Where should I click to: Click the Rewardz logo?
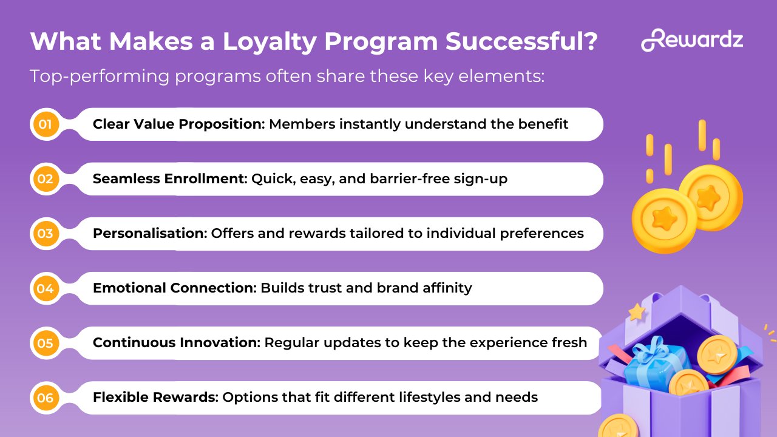tap(691, 40)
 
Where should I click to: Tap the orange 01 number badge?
tap(46, 124)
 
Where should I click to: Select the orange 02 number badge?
tap(46, 179)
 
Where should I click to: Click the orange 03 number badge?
tap(46, 234)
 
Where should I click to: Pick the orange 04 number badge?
tap(46, 288)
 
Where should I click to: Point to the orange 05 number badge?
tap(46, 343)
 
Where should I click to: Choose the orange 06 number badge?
tap(46, 398)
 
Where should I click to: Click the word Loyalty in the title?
tap(269, 42)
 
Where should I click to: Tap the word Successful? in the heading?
tap(521, 42)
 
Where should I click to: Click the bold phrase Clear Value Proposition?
tap(178, 124)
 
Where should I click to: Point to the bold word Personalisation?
tap(150, 234)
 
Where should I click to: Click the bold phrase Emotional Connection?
tap(174, 288)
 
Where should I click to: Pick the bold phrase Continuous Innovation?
tap(177, 343)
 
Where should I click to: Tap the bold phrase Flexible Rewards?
tap(155, 397)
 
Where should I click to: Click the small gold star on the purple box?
tap(637, 312)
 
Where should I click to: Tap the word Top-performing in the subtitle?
tap(100, 76)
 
